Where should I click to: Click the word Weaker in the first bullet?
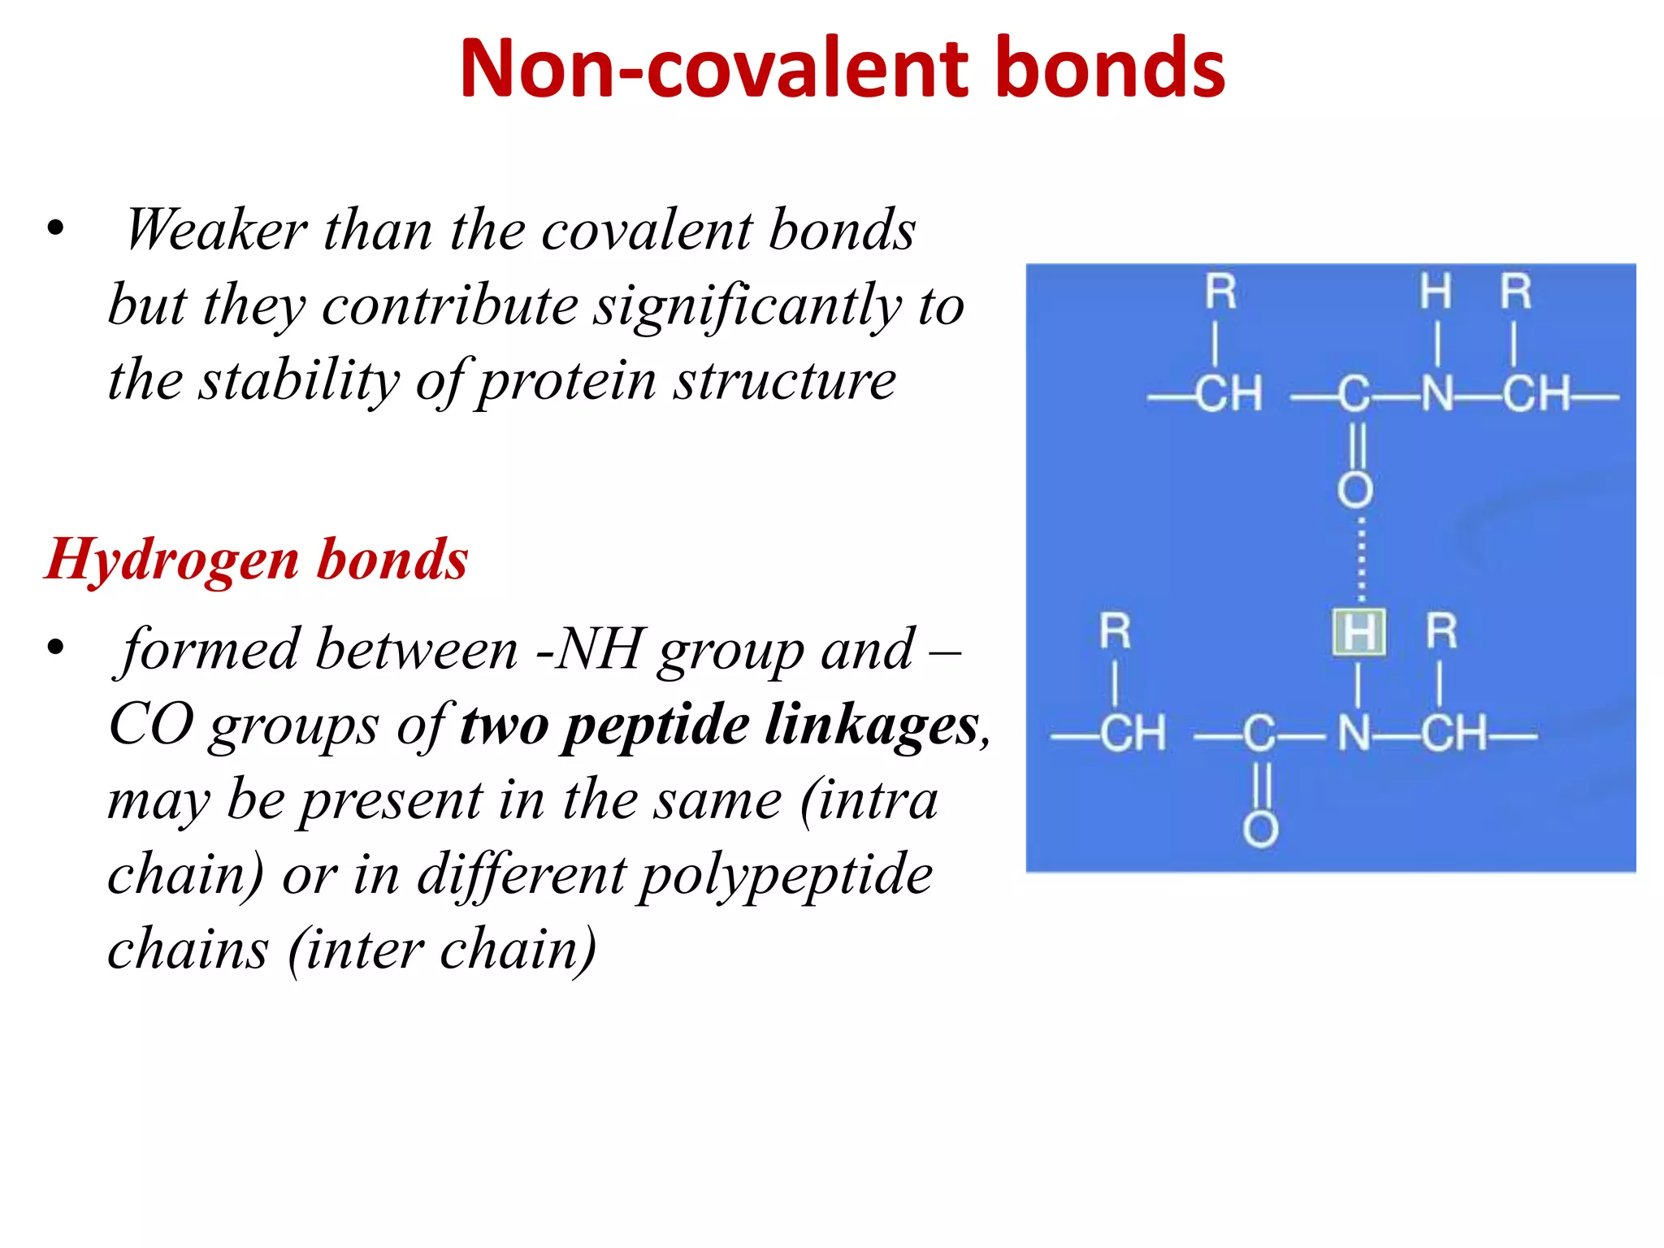[x=216, y=230]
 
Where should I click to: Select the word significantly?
[x=747, y=306]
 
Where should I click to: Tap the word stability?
[x=300, y=380]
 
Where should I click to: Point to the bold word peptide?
[x=656, y=725]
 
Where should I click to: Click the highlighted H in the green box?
[x=1358, y=632]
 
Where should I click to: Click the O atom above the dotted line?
[x=1355, y=490]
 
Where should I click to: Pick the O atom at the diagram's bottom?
[x=1260, y=830]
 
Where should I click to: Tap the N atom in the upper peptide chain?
[x=1437, y=395]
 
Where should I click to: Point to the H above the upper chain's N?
[x=1436, y=292]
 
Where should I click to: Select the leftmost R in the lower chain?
[x=1115, y=631]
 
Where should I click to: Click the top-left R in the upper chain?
[x=1220, y=292]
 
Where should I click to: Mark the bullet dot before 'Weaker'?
[x=55, y=228]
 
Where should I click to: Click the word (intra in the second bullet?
[x=869, y=800]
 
